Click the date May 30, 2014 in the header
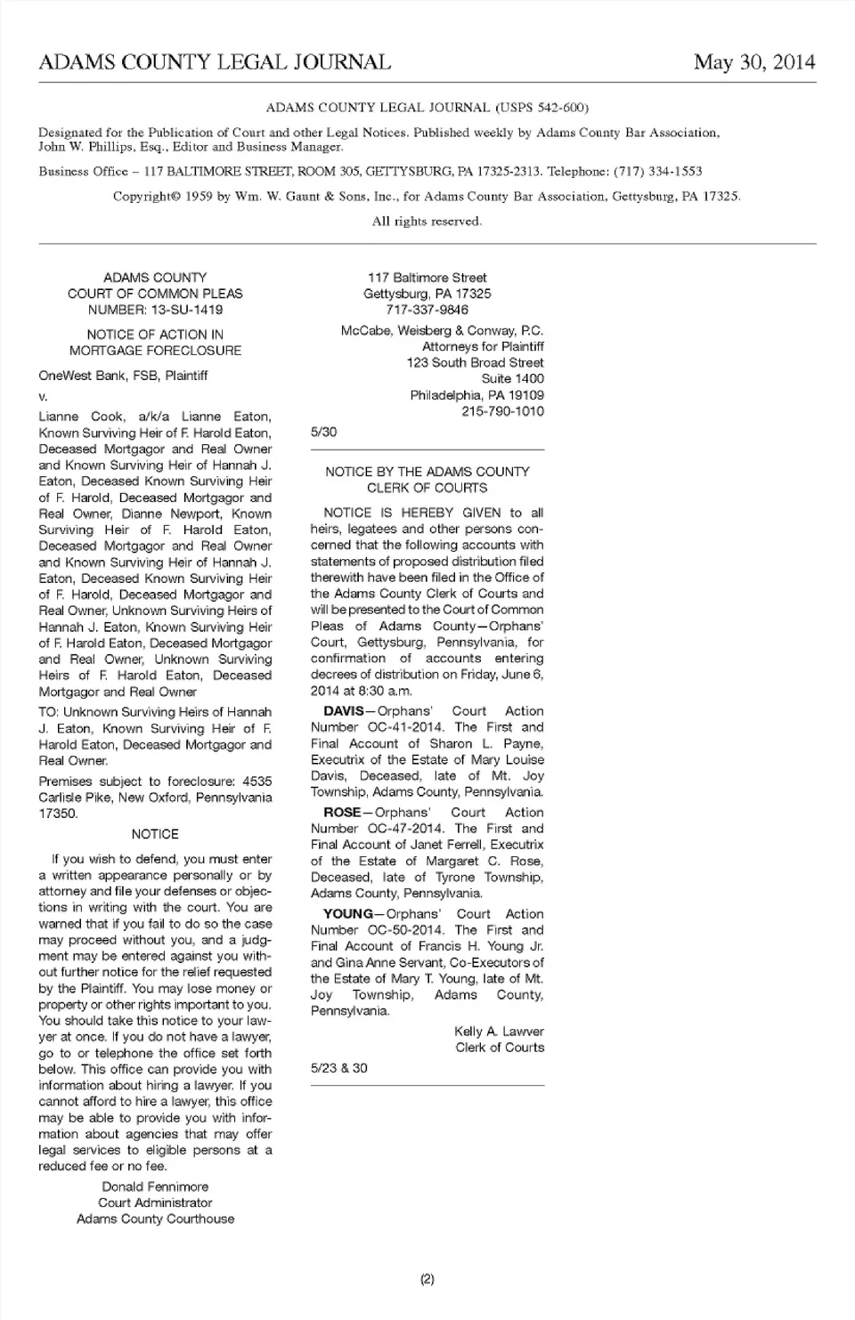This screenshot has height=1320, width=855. click(x=753, y=61)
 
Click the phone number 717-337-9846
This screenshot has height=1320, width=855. click(x=427, y=310)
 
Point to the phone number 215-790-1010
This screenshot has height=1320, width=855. click(x=502, y=411)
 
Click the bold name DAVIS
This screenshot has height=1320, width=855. click(x=343, y=711)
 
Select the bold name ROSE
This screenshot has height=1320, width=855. click(x=341, y=813)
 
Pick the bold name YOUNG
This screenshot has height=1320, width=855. click(x=347, y=914)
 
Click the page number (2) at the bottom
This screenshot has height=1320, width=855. click(x=427, y=1280)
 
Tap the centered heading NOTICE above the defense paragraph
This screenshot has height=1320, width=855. click(x=155, y=834)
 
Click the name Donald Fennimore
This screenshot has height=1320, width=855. click(x=155, y=1186)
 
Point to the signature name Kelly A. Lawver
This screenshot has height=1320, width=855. click(x=499, y=1032)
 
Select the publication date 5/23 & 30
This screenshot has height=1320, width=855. click(x=338, y=1068)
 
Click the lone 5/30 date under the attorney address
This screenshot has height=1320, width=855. click(x=323, y=432)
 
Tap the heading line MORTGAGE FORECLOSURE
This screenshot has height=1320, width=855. click(x=155, y=351)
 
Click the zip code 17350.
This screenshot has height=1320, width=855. click(x=59, y=814)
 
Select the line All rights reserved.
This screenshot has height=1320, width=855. click(x=427, y=221)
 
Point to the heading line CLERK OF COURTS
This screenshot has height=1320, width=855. click(x=427, y=488)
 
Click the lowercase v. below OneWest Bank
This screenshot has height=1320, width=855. click(x=43, y=396)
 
